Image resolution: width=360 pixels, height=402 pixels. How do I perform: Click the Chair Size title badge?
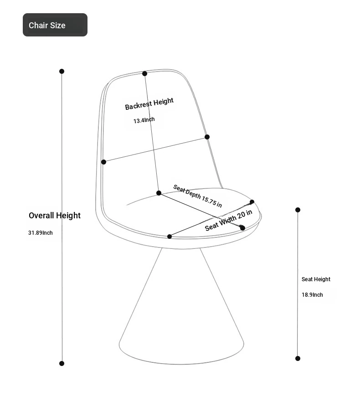point(55,25)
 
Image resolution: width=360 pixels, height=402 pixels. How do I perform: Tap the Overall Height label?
point(55,216)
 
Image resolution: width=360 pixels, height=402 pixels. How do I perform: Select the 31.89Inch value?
point(41,233)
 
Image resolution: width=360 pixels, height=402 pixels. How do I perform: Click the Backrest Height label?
point(149,104)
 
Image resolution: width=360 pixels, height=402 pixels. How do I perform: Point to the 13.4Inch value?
point(144,120)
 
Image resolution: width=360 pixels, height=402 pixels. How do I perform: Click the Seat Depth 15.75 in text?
point(197,196)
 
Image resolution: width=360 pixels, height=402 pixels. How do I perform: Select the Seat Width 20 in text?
point(228,220)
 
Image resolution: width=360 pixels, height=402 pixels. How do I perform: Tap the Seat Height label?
point(316,279)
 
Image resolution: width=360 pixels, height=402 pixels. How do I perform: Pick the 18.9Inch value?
point(312,295)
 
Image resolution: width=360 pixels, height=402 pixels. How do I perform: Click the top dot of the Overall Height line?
point(62,71)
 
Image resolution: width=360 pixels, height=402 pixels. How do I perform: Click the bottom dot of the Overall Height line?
point(62,363)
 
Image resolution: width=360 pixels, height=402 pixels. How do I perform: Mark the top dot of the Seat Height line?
point(298,210)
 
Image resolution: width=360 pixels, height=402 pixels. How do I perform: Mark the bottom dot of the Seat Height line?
point(298,358)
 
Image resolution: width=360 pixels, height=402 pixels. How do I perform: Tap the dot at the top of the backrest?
point(144,73)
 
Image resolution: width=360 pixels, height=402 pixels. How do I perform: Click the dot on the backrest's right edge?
point(207,137)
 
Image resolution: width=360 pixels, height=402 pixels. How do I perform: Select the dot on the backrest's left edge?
point(103,162)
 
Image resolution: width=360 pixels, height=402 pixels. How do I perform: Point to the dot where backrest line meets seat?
point(159,193)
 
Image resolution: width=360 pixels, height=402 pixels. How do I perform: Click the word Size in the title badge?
point(58,26)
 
